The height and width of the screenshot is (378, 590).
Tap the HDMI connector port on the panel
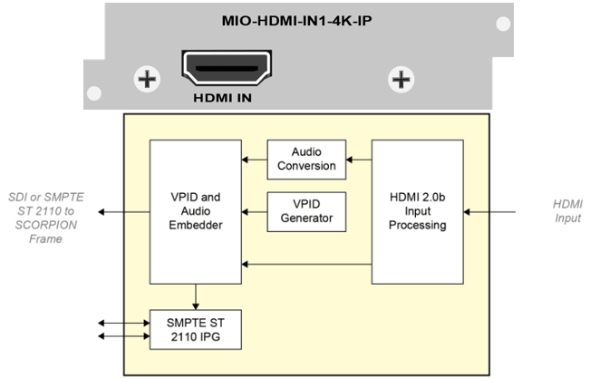[x=225, y=68]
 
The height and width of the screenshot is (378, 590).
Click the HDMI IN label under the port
[x=225, y=96]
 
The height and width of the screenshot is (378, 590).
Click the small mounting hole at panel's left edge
[x=93, y=93]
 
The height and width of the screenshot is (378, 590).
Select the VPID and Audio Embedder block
[x=195, y=211]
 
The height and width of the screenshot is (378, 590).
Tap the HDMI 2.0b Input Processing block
[x=418, y=211]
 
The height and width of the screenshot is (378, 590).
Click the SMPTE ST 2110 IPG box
[x=195, y=329]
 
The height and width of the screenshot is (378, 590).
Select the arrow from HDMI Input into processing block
[x=489, y=212]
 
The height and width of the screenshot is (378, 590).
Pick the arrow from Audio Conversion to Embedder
[x=254, y=160]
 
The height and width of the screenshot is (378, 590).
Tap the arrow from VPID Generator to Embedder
[x=254, y=212]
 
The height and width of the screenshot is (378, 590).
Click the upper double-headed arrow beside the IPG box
[x=122, y=321]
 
